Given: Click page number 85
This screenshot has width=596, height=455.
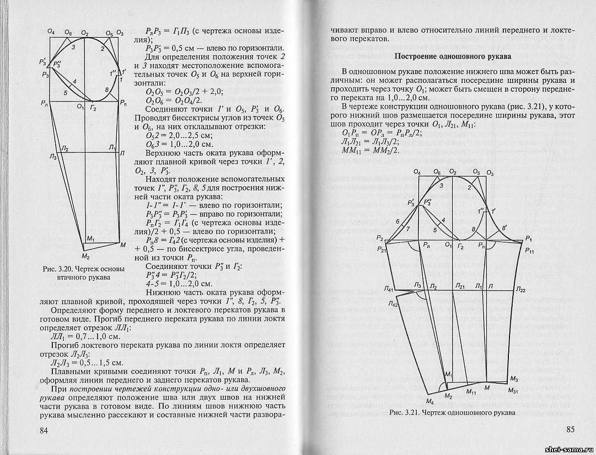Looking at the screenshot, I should tap(570, 430).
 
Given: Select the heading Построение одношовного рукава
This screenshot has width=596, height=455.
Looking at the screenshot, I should tap(454, 56).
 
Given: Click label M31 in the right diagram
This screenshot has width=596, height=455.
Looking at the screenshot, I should tap(514, 390).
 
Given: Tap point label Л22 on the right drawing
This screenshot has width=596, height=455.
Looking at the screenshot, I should tap(521, 289).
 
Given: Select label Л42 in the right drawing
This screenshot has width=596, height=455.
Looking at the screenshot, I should tap(393, 304).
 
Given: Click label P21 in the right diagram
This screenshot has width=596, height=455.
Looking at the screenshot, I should tap(382, 250).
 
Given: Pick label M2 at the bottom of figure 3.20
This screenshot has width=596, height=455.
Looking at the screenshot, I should tap(85, 257).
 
